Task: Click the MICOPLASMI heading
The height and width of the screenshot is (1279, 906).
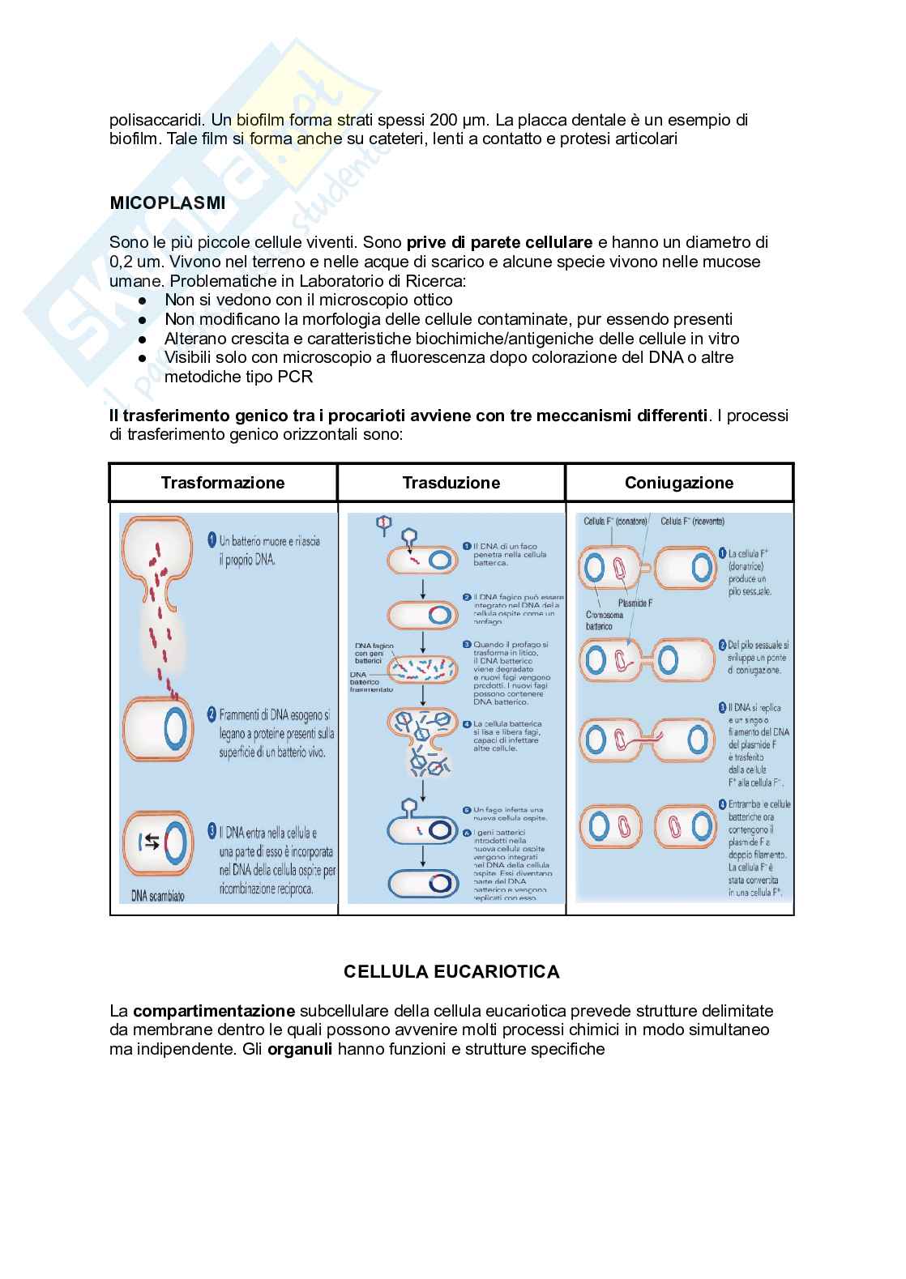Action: click(x=168, y=203)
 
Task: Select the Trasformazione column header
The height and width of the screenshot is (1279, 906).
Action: click(x=223, y=483)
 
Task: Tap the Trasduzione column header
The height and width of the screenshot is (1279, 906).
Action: click(x=451, y=483)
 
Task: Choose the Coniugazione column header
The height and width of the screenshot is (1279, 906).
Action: click(x=679, y=483)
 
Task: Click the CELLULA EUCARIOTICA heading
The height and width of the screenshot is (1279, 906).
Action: click(x=451, y=971)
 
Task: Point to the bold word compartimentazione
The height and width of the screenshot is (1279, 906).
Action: click(x=214, y=1011)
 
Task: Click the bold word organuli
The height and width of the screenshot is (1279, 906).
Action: click(x=300, y=1050)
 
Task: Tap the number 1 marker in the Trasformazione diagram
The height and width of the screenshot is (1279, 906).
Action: click(x=211, y=539)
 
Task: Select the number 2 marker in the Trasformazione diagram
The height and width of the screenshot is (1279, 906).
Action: click(x=211, y=714)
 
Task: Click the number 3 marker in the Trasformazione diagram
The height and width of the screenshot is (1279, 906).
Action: click(x=211, y=831)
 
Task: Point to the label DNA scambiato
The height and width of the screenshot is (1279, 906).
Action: click(x=158, y=897)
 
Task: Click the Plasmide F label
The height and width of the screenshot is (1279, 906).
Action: click(x=635, y=603)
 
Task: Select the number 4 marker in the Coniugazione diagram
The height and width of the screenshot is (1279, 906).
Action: click(x=723, y=805)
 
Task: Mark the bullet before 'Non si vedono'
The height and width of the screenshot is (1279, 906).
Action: click(x=142, y=300)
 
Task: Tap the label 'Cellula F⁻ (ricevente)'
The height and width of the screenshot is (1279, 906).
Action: click(x=693, y=521)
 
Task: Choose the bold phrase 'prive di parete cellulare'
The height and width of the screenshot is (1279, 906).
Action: click(x=500, y=242)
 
